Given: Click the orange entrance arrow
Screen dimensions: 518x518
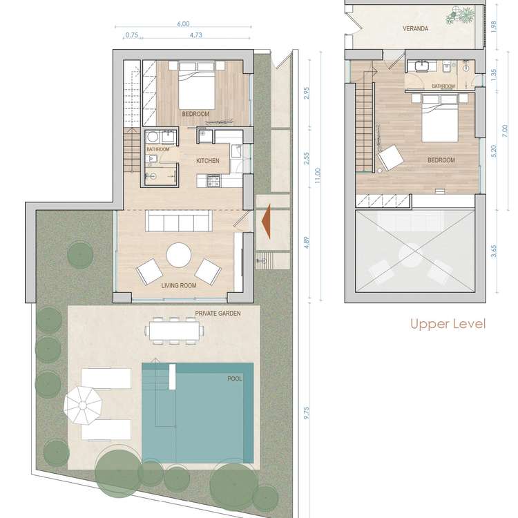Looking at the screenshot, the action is (267, 221).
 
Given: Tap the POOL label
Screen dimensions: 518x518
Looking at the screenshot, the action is (235, 379).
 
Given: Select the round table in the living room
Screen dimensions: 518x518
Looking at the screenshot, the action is (179, 256).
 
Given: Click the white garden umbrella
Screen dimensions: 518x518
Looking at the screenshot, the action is (83, 405).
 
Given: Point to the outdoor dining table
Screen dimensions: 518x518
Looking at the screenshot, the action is (175, 331).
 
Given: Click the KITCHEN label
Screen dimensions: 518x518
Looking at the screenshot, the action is (208, 160).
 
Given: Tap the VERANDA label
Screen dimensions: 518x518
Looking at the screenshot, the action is (416, 29).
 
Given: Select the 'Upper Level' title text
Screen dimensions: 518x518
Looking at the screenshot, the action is (448, 324).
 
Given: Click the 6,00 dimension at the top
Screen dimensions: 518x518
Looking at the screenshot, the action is (183, 24).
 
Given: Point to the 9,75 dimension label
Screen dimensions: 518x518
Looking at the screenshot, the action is (305, 413).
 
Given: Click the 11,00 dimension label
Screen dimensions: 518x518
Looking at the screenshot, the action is (318, 175).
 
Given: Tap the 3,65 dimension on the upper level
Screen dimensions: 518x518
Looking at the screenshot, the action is (494, 251).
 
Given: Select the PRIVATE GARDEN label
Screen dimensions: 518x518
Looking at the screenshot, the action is (218, 313).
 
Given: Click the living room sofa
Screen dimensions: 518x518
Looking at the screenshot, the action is (179, 221).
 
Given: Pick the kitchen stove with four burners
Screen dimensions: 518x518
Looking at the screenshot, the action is (213, 180).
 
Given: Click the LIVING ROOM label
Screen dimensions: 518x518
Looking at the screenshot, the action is (179, 285).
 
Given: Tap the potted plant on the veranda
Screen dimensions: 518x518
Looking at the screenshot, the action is (461, 15).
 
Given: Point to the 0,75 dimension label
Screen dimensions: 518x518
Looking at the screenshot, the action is (132, 35).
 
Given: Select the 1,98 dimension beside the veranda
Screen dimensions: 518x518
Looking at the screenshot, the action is (494, 26).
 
